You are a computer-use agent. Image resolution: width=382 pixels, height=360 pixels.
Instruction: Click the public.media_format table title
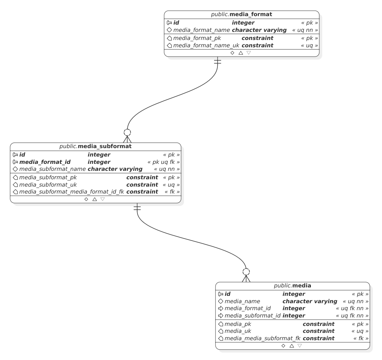pyautogui.click(x=242, y=15)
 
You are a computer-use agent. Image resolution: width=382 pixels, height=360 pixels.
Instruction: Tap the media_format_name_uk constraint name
pyautogui.click(x=206, y=45)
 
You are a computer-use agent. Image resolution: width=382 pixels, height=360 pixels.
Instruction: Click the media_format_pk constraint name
pyautogui.click(x=197, y=38)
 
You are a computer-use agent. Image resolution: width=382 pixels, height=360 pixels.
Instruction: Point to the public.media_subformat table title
pyautogui.click(x=95, y=146)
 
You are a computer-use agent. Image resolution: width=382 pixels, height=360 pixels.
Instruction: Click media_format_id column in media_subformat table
pyautogui.click(x=45, y=162)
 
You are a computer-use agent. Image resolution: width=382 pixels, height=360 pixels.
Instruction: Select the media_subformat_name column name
pyautogui.click(x=52, y=169)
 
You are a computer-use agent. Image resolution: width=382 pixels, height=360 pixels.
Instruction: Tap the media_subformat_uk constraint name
pyautogui.click(x=48, y=184)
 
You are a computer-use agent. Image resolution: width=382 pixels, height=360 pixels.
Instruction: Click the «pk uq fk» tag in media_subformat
pyautogui.click(x=164, y=162)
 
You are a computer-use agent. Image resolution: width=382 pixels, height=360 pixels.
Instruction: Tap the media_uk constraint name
pyautogui.click(x=238, y=331)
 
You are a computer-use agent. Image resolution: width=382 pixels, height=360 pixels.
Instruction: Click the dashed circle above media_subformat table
pyautogui.click(x=127, y=132)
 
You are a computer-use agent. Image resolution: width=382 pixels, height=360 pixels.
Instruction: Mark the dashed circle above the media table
pyautogui.click(x=246, y=272)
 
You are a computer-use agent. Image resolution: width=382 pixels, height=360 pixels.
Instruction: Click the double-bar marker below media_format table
pyautogui.click(x=217, y=61)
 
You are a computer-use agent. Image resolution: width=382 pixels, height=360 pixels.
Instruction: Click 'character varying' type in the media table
pyautogui.click(x=309, y=301)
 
